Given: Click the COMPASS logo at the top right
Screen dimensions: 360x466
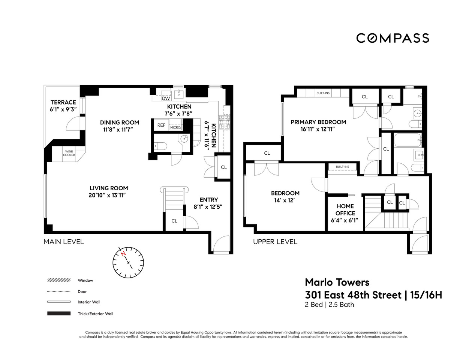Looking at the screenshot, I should pos(393,38).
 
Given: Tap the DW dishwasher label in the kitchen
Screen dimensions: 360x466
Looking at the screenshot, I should pos(166,98).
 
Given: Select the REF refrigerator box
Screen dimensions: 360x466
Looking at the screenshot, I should pos(161,125).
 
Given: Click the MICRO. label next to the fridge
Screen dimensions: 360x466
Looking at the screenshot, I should pos(175,127).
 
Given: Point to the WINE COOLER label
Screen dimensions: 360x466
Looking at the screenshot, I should pos(69,153).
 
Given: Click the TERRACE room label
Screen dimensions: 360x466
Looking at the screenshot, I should pos(63,102).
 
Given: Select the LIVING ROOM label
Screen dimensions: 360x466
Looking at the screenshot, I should pos(109,188).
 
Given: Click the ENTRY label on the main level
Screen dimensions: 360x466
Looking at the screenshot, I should pos(209,200).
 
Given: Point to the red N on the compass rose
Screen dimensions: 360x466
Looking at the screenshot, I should pos(123,254).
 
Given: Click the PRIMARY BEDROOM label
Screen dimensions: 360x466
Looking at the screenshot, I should pos(318,122).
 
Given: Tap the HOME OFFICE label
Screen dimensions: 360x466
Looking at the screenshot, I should pos(345,209).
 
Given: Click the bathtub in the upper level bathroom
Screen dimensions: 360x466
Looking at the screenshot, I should pos(407,140).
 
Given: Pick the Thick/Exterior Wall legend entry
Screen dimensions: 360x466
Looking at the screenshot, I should pos(95,314).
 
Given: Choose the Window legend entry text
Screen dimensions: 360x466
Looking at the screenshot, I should pos(85,280).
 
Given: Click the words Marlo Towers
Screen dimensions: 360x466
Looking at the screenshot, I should pos(337,282).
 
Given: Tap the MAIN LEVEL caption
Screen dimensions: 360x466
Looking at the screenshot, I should pos(64,242).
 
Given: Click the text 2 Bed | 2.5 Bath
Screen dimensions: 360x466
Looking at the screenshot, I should pos(329,305).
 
